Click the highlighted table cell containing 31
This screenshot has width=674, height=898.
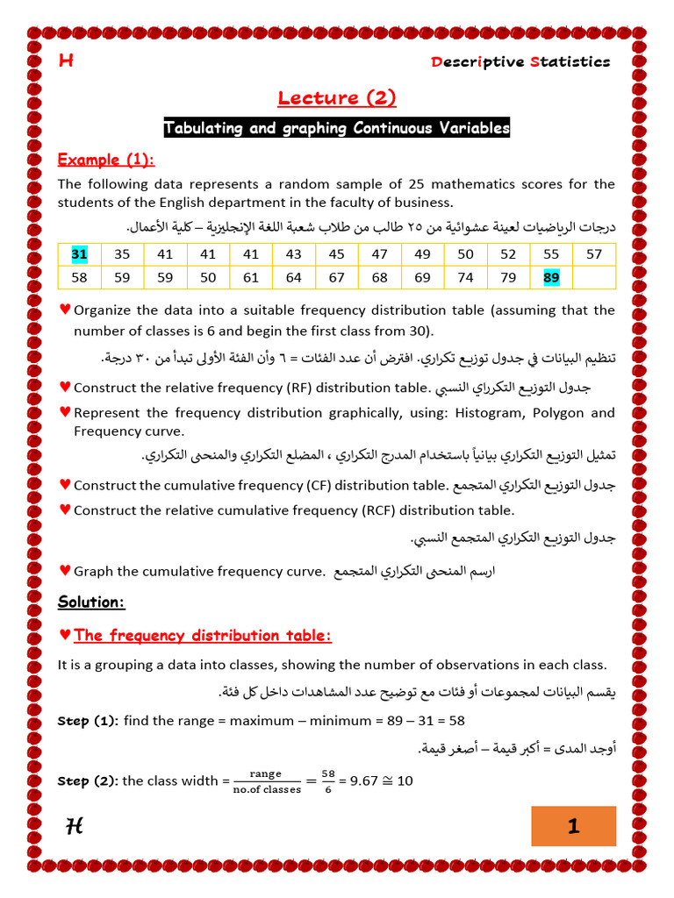(80, 254)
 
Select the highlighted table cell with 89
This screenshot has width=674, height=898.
(552, 278)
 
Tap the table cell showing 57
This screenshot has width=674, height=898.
(594, 254)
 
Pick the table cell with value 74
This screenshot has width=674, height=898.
(465, 278)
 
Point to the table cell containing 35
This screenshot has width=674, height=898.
(122, 254)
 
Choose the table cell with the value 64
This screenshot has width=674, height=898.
(293, 278)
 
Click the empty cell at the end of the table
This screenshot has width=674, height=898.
(594, 278)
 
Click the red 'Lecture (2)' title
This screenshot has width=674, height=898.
(337, 97)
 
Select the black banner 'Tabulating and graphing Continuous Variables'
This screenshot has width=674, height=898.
(337, 128)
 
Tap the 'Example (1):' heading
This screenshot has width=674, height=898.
(105, 160)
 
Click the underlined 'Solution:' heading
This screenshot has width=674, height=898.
(91, 602)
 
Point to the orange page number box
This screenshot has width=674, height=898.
(573, 826)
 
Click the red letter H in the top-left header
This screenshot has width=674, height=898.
(65, 61)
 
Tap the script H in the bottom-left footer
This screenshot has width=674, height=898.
(75, 825)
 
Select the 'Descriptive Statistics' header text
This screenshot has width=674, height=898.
(520, 61)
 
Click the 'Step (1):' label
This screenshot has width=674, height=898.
(88, 721)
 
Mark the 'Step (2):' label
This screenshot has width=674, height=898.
(88, 781)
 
